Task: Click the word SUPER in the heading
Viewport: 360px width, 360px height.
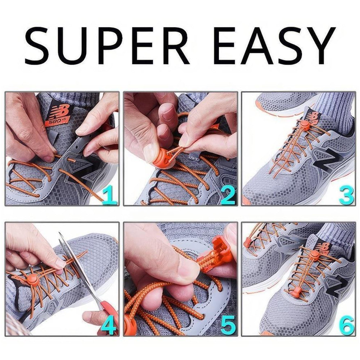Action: (x=107, y=45)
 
